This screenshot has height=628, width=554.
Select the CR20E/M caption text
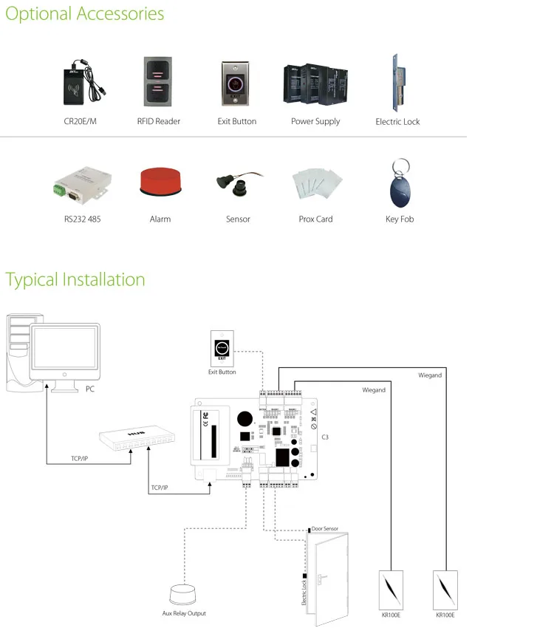coord(80,121)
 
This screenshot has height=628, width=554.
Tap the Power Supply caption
coord(315,121)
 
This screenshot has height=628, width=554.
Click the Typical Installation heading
coord(75,280)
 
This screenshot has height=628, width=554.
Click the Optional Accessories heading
coord(85,14)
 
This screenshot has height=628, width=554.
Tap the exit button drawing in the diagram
coord(222,347)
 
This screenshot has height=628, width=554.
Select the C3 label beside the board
coord(325,437)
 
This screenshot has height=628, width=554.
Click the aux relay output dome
coord(184,595)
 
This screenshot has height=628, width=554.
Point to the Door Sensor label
coord(325,529)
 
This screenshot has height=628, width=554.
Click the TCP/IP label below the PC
coord(80,459)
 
